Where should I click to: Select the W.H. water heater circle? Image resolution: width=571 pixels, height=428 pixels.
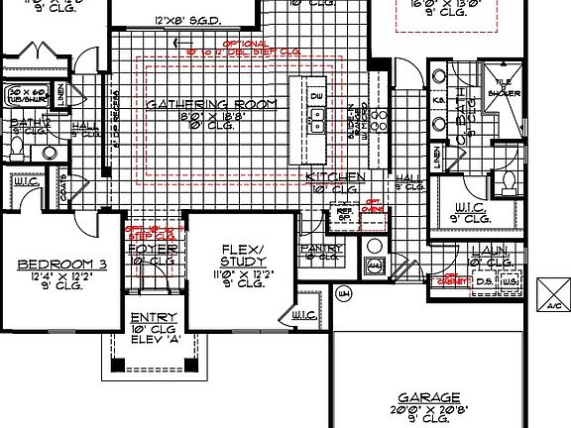click(x=344, y=293)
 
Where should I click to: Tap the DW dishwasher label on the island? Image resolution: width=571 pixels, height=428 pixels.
click(x=317, y=96)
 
